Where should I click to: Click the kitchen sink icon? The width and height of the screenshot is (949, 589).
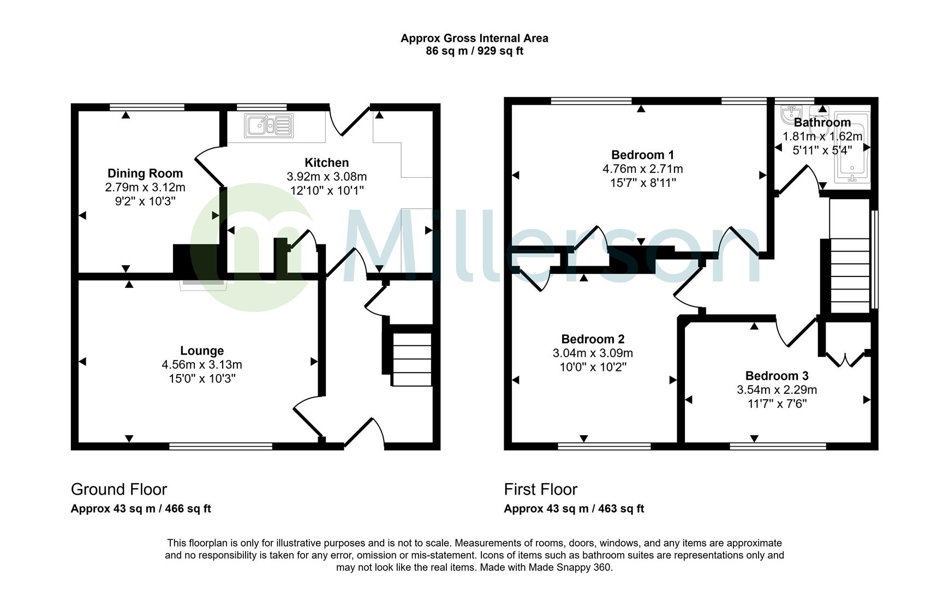pos(268,125)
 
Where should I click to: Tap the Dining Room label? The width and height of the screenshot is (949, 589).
pos(145,173)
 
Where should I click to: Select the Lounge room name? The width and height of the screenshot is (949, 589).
pos(202,351)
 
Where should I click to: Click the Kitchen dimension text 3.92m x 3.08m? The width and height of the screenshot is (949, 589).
pos(326,177)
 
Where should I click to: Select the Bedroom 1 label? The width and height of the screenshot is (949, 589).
pos(642,154)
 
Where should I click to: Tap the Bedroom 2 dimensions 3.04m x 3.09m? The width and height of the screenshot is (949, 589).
pos(593,353)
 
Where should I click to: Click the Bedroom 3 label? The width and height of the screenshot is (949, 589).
pos(777,376)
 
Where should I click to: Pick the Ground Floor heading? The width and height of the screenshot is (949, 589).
pos(119,489)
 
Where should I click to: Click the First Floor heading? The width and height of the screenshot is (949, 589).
pos(540,489)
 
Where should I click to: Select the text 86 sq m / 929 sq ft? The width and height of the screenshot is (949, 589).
pos(474,51)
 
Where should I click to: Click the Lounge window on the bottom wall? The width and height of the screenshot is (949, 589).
pos(220,446)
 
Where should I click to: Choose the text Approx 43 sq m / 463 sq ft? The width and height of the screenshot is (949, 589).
pos(574,509)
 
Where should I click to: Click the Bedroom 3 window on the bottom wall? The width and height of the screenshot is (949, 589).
pos(778,446)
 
